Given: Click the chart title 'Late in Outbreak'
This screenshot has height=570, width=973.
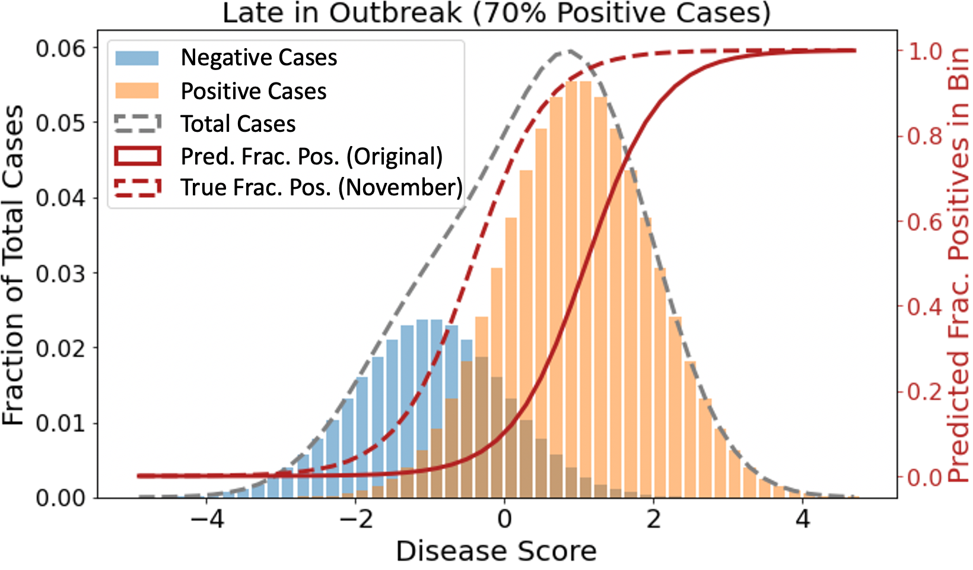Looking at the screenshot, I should point(342,13).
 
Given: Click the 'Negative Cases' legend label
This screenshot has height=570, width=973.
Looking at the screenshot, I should point(259,58).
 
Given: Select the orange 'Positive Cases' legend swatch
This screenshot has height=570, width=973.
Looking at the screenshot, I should point(137,91).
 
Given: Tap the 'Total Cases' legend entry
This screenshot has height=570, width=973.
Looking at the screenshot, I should point(238,124).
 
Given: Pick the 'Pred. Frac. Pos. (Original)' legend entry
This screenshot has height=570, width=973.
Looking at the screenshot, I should point(311,157).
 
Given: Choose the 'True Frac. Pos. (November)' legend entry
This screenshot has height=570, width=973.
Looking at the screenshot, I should point(321,188).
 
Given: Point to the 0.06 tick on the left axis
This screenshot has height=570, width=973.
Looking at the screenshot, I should point(60,48).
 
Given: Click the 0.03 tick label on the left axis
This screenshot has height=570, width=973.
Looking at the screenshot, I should point(60,273).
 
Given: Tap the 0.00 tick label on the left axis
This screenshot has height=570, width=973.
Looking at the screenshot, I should point(60,498).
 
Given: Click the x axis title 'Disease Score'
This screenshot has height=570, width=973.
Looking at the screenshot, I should point(496,552).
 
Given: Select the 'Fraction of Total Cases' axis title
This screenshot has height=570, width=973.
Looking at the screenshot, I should point(13,265).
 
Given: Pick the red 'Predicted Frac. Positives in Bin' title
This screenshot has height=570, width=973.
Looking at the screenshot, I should point(958,265).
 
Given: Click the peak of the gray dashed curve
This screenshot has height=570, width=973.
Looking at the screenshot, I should point(568,51).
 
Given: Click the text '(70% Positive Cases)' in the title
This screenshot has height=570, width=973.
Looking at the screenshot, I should point(621,13).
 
